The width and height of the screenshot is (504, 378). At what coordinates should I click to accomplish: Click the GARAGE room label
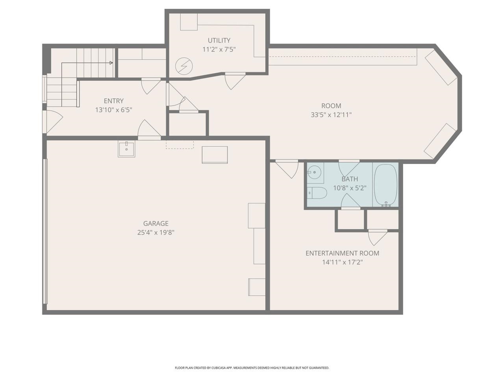tap(156, 223)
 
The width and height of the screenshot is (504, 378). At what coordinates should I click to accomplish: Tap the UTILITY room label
tap(219, 40)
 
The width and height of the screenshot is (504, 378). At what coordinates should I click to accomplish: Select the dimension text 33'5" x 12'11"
tap(331, 115)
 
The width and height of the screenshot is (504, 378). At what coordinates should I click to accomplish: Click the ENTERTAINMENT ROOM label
tap(342, 253)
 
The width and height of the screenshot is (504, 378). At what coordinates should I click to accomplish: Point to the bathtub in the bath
tap(386, 184)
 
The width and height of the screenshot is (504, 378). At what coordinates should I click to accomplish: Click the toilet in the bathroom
tap(317, 193)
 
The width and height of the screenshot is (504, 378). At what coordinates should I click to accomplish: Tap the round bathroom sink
tap(314, 172)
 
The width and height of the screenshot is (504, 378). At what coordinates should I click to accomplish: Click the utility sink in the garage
tap(126, 149)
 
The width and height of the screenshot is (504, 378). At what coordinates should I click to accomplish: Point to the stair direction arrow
tap(111, 63)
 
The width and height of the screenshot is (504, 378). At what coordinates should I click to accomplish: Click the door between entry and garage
tap(149, 130)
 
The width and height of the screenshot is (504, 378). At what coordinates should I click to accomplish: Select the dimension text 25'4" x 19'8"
tap(156, 233)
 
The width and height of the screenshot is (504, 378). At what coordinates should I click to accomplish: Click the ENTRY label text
tap(113, 101)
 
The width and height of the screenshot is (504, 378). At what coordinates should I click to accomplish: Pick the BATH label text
tap(350, 179)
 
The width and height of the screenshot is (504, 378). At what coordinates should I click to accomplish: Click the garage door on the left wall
tap(45, 231)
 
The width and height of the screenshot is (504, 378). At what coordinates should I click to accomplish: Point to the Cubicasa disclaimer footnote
tap(252, 368)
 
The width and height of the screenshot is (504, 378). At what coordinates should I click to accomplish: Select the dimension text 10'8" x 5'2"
tap(350, 188)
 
